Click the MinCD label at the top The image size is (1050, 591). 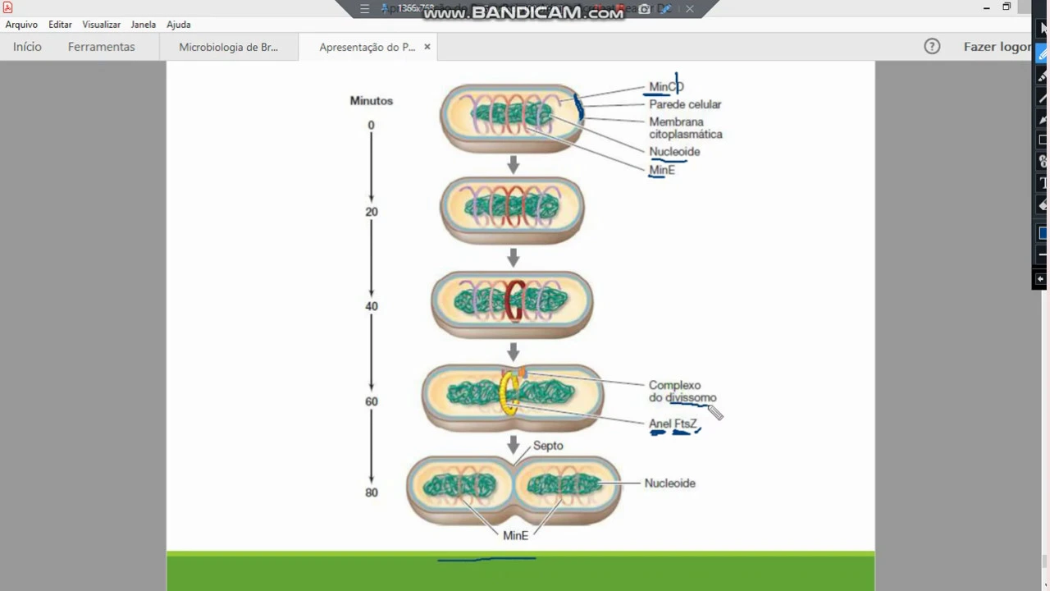coord(665,86)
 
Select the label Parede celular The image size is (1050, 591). coord(685,104)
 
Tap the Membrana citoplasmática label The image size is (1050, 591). coord(685,128)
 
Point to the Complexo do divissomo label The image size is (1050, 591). coord(682,392)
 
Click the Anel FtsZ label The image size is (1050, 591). coord(673,424)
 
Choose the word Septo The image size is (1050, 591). coord(548,446)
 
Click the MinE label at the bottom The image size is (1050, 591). coord(515,535)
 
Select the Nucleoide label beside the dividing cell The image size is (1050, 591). coord(669,483)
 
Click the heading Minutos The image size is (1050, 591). coord(371,101)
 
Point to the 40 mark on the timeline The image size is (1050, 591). coord(371,306)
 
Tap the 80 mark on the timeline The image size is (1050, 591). coord(371,492)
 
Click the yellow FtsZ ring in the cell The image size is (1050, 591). coord(509,394)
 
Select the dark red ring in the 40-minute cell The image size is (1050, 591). coord(514,301)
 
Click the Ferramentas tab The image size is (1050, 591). coord(101,47)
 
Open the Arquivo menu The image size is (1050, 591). coord(21,25)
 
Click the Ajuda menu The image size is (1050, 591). coord(178,25)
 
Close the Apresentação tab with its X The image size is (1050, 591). coord(427,47)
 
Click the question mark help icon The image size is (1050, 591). coord(932,47)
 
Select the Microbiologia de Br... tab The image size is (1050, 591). coord(228,47)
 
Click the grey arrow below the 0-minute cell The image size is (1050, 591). coord(513,165)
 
